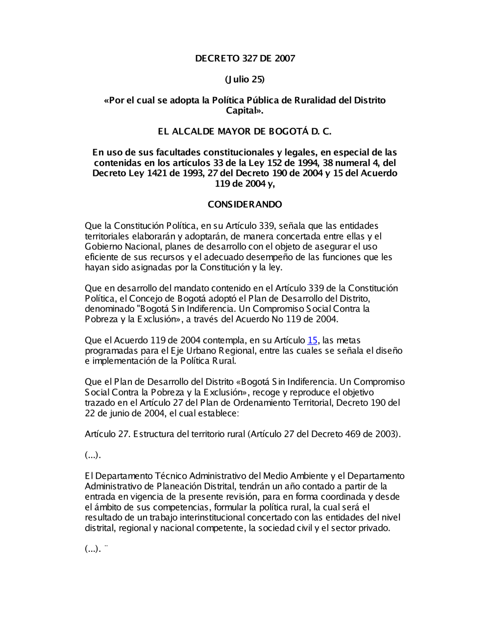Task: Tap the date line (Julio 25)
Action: point(245,79)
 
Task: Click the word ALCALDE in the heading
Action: point(203,132)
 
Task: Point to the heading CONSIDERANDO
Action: point(245,204)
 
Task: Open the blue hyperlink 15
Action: point(313,340)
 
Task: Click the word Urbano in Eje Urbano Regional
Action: point(203,350)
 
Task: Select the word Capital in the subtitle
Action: point(243,111)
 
